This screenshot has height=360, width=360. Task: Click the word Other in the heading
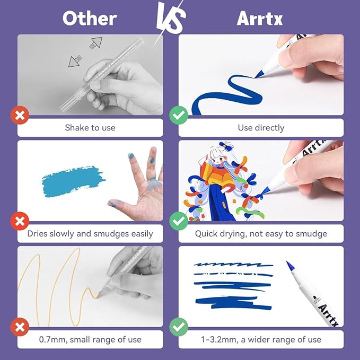pyautogui.click(x=90, y=19)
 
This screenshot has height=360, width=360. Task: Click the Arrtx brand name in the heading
pyautogui.click(x=260, y=19)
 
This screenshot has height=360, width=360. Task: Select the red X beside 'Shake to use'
pyautogui.click(x=20, y=115)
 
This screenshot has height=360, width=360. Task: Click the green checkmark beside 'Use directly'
pyautogui.click(x=179, y=115)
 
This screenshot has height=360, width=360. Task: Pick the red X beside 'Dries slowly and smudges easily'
pyautogui.click(x=20, y=221)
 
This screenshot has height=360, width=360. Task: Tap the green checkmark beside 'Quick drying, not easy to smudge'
pyautogui.click(x=179, y=221)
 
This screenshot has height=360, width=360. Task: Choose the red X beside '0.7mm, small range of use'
pyautogui.click(x=20, y=327)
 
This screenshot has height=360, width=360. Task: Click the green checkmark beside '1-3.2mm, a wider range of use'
pyautogui.click(x=179, y=327)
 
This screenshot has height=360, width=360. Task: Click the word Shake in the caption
pyautogui.click(x=75, y=128)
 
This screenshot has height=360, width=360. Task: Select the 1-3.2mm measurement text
pyautogui.click(x=219, y=339)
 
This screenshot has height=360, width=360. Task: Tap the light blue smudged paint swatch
pyautogui.click(x=74, y=181)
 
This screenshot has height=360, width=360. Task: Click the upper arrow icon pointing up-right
pyautogui.click(x=96, y=43)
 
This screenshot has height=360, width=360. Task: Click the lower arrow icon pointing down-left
pyautogui.click(x=75, y=61)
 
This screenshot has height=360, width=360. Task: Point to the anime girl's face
pyautogui.click(x=217, y=159)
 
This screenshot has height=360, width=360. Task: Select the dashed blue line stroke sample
pyautogui.click(x=233, y=274)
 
